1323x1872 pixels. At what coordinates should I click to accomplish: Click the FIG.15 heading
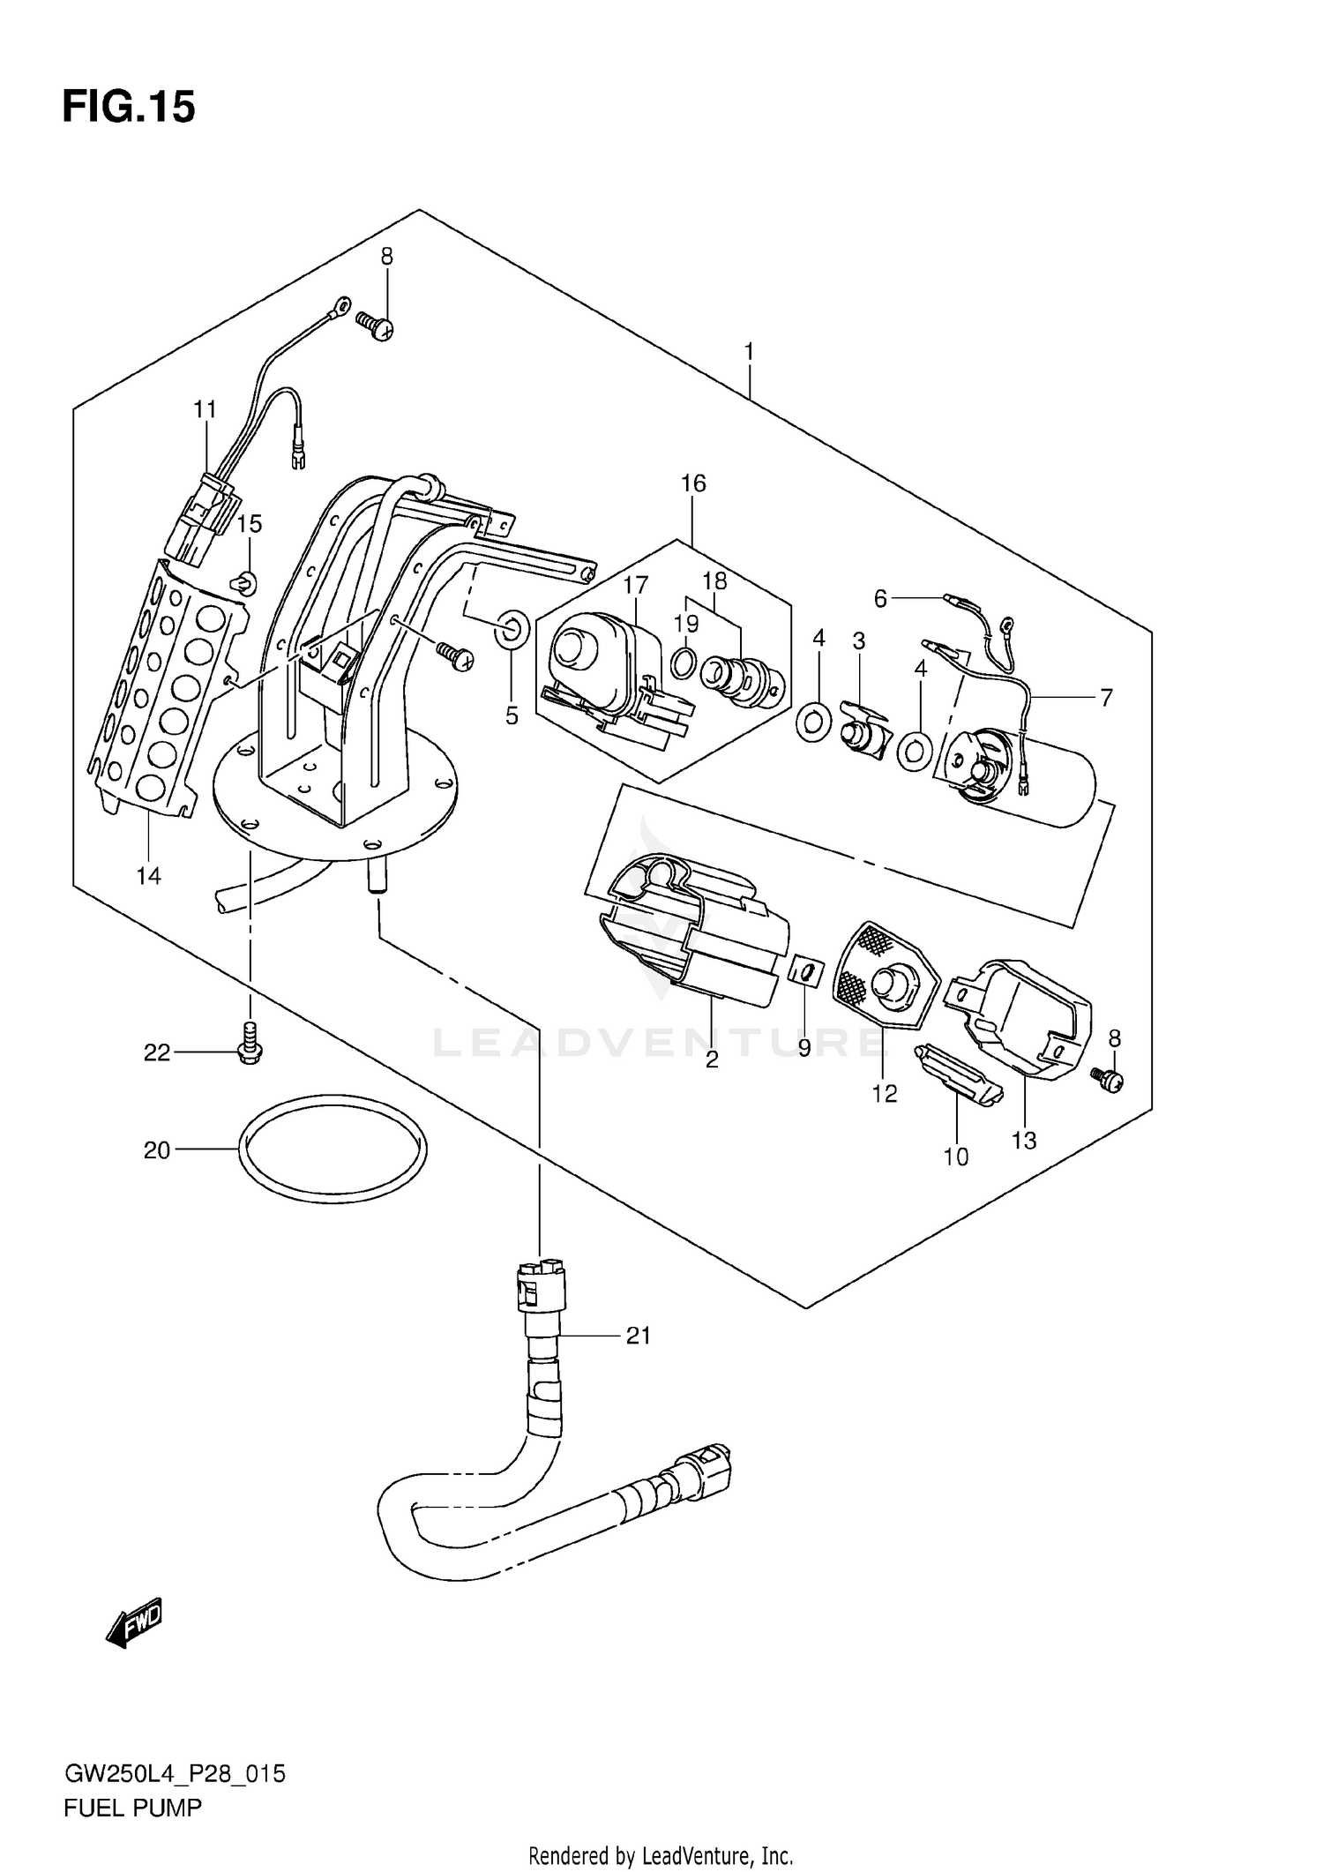(129, 108)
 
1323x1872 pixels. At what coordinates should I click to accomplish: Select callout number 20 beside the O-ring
(156, 1150)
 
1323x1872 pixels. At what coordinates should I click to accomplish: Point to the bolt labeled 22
(250, 1044)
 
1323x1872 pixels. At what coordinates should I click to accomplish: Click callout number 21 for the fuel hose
(638, 1336)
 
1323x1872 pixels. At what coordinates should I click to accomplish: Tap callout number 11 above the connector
(205, 409)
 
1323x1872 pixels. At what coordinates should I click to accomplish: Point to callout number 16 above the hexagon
(693, 483)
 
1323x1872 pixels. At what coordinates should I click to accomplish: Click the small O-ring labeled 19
(683, 663)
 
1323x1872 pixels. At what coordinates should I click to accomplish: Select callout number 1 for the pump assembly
(748, 352)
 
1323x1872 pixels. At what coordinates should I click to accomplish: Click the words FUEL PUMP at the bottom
(132, 1808)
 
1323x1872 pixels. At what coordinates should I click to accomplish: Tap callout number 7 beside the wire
(1106, 698)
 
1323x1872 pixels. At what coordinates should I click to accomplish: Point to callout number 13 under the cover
(1023, 1141)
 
